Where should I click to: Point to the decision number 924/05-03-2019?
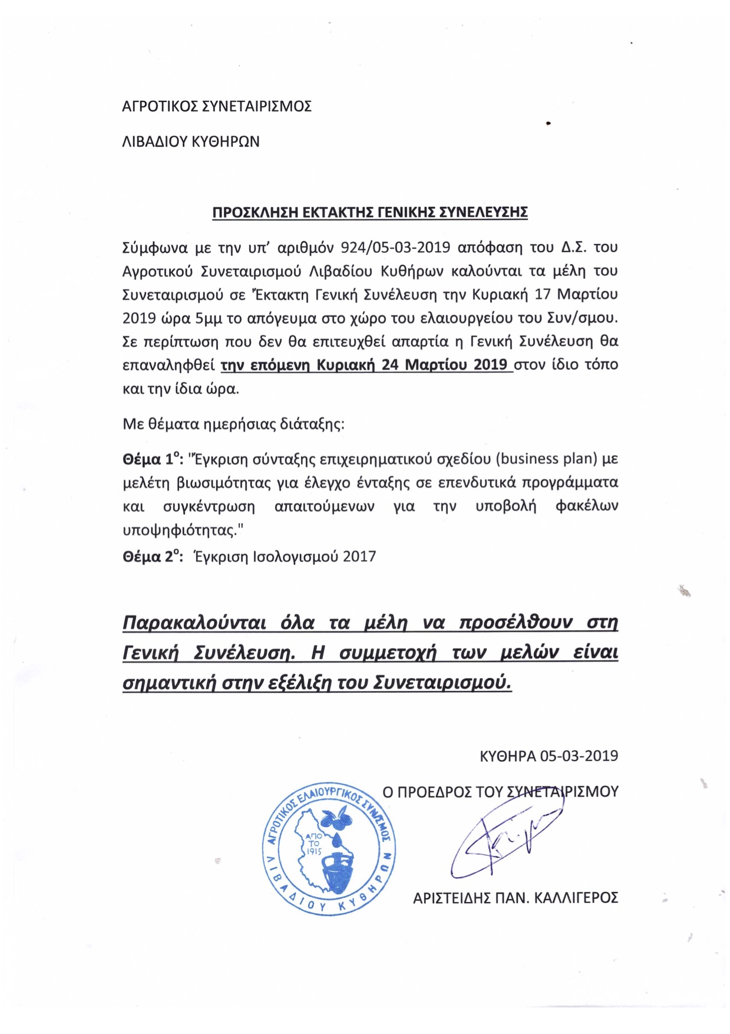(x=392, y=247)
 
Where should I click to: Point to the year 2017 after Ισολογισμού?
(x=359, y=557)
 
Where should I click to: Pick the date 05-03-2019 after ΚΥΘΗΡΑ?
(x=579, y=756)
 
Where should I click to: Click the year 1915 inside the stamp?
(x=314, y=851)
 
